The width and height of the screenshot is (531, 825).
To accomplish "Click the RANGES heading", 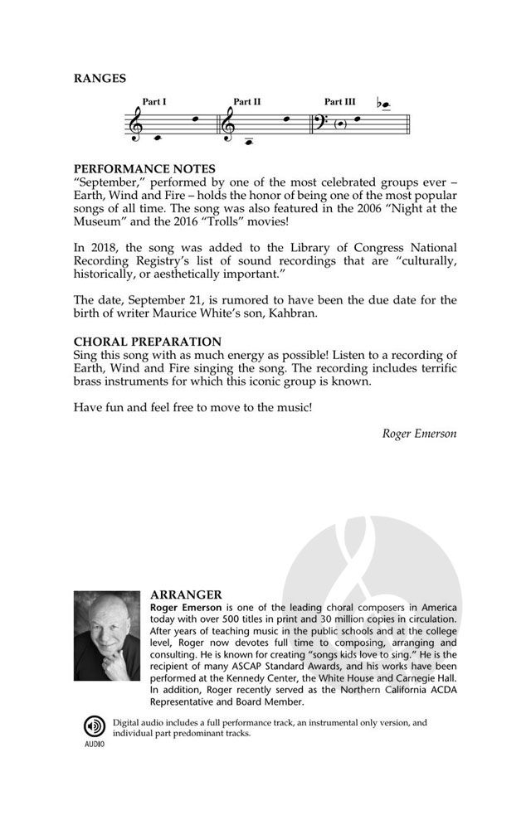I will pos(100,79).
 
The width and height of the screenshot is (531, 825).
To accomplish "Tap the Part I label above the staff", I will pos(154,102).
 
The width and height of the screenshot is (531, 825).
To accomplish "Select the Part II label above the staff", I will pos(247,102).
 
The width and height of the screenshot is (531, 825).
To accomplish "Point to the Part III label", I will pos(340,102).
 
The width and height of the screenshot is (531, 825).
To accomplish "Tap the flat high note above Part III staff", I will pos(384,105).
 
